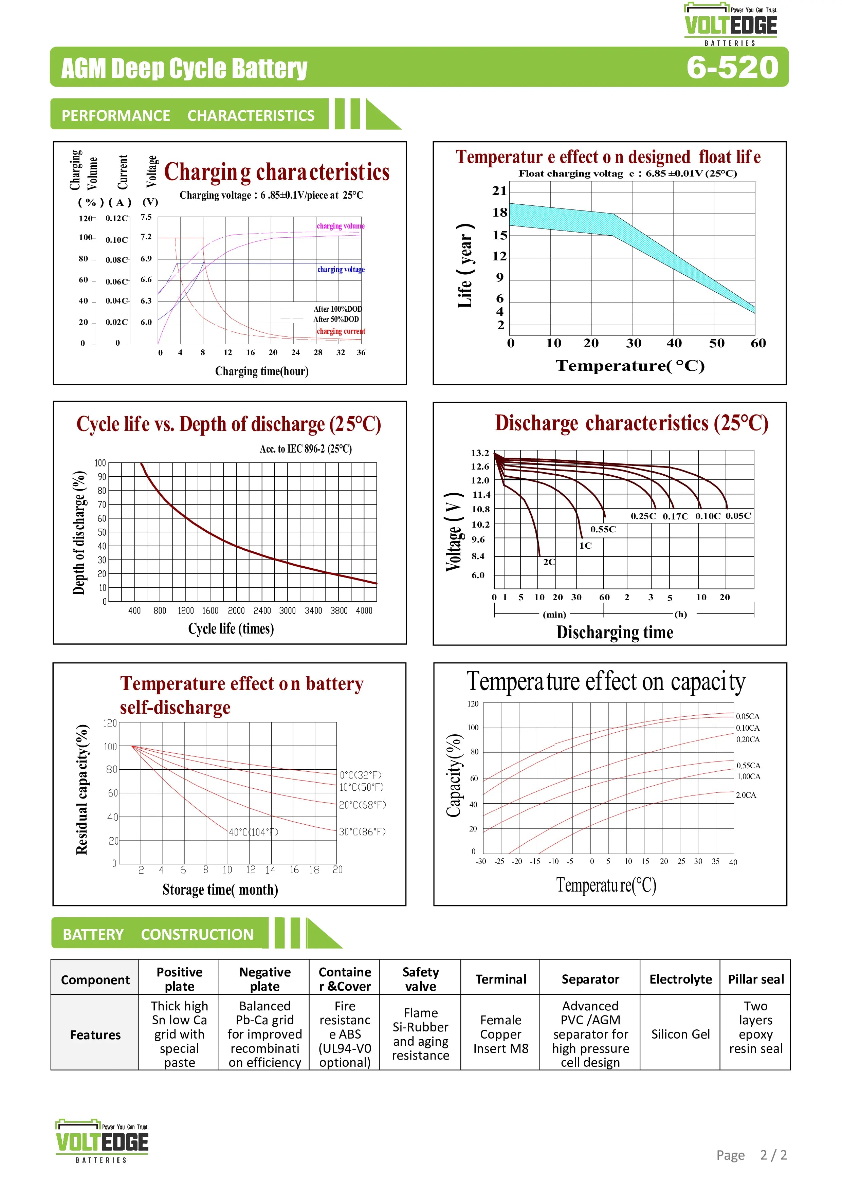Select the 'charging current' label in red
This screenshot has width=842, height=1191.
tap(341, 331)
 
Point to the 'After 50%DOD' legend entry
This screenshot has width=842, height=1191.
tap(336, 319)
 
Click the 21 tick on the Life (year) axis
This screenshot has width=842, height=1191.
tap(499, 191)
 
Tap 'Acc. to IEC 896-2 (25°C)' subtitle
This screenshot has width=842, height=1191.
tap(306, 449)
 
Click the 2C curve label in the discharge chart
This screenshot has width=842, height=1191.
tap(549, 562)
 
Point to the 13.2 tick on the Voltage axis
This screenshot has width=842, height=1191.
tap(480, 453)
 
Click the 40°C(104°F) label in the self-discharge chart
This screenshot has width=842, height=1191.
tap(254, 832)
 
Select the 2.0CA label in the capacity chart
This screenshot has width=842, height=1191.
tap(746, 795)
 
